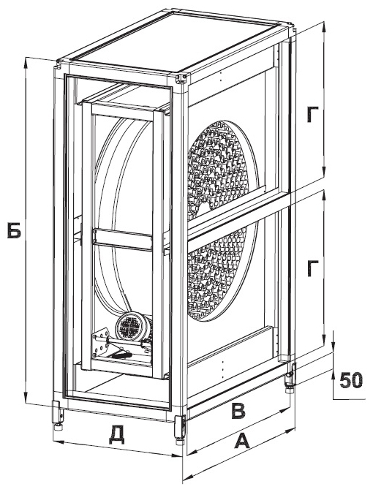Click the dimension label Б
coord(15,230)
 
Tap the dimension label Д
coord(117,434)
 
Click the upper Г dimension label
coord(313,115)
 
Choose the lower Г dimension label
coord(313,268)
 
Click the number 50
coord(351,380)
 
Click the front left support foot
coord(59,415)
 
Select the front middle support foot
coord(180,429)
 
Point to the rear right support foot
coord(289,375)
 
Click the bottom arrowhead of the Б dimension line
coord(26,398)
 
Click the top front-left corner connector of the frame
coord(59,64)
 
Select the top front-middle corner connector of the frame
coord(182,79)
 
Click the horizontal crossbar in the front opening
coord(123,239)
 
